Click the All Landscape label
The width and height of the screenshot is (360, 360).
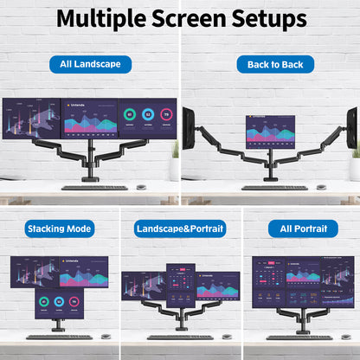click(x=90, y=64)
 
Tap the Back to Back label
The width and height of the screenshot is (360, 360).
click(x=275, y=64)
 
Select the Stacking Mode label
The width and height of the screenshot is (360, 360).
click(x=60, y=229)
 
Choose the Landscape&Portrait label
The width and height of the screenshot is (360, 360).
click(x=180, y=229)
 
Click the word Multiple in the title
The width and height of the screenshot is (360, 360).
click(x=105, y=18)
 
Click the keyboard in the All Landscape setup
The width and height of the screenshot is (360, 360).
click(x=82, y=187)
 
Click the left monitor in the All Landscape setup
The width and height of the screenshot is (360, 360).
click(x=31, y=118)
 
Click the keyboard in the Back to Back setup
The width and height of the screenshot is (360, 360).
click(x=274, y=187)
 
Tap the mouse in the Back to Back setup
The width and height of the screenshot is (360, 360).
click(x=322, y=186)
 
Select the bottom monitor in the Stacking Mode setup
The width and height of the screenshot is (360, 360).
click(x=59, y=305)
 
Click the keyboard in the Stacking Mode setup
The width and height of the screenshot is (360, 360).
click(x=59, y=337)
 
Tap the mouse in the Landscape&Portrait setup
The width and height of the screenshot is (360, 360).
click(x=226, y=336)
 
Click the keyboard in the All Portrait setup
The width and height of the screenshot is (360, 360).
click(x=299, y=337)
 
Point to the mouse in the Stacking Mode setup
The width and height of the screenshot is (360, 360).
click(x=106, y=336)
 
